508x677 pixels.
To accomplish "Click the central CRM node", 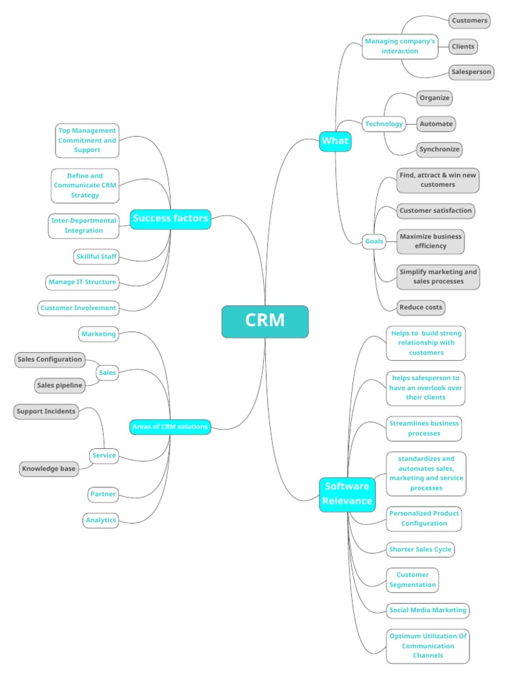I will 265,321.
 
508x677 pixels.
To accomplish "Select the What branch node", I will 335,141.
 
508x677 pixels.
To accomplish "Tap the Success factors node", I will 171,218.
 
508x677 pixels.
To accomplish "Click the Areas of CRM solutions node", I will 170,427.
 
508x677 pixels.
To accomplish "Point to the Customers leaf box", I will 470,20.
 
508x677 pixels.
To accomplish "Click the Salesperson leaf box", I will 471,71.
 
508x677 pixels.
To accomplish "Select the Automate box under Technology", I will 436,124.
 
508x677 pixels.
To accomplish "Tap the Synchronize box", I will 439,149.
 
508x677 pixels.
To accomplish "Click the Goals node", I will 374,241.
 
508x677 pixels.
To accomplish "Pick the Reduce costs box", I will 421,307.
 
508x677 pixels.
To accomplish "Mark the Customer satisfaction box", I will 435,211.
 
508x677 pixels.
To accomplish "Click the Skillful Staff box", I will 97,257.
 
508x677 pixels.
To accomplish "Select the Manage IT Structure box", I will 82,282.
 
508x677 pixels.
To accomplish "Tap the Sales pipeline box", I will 60,385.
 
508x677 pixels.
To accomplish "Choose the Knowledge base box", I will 49,469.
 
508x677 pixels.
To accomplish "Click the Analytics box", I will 101,520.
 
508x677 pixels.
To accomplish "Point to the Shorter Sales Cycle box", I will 421,549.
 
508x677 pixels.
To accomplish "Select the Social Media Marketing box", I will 428,610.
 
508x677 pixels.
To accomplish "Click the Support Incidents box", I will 46,411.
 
